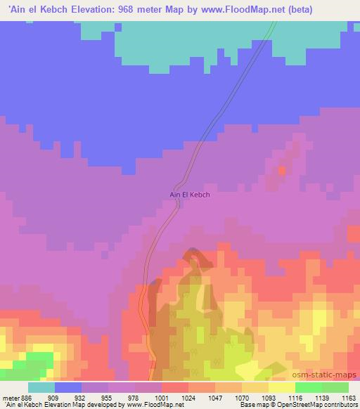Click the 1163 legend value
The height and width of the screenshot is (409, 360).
click(349, 397)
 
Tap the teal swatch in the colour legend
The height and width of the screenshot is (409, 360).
click(41, 387)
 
